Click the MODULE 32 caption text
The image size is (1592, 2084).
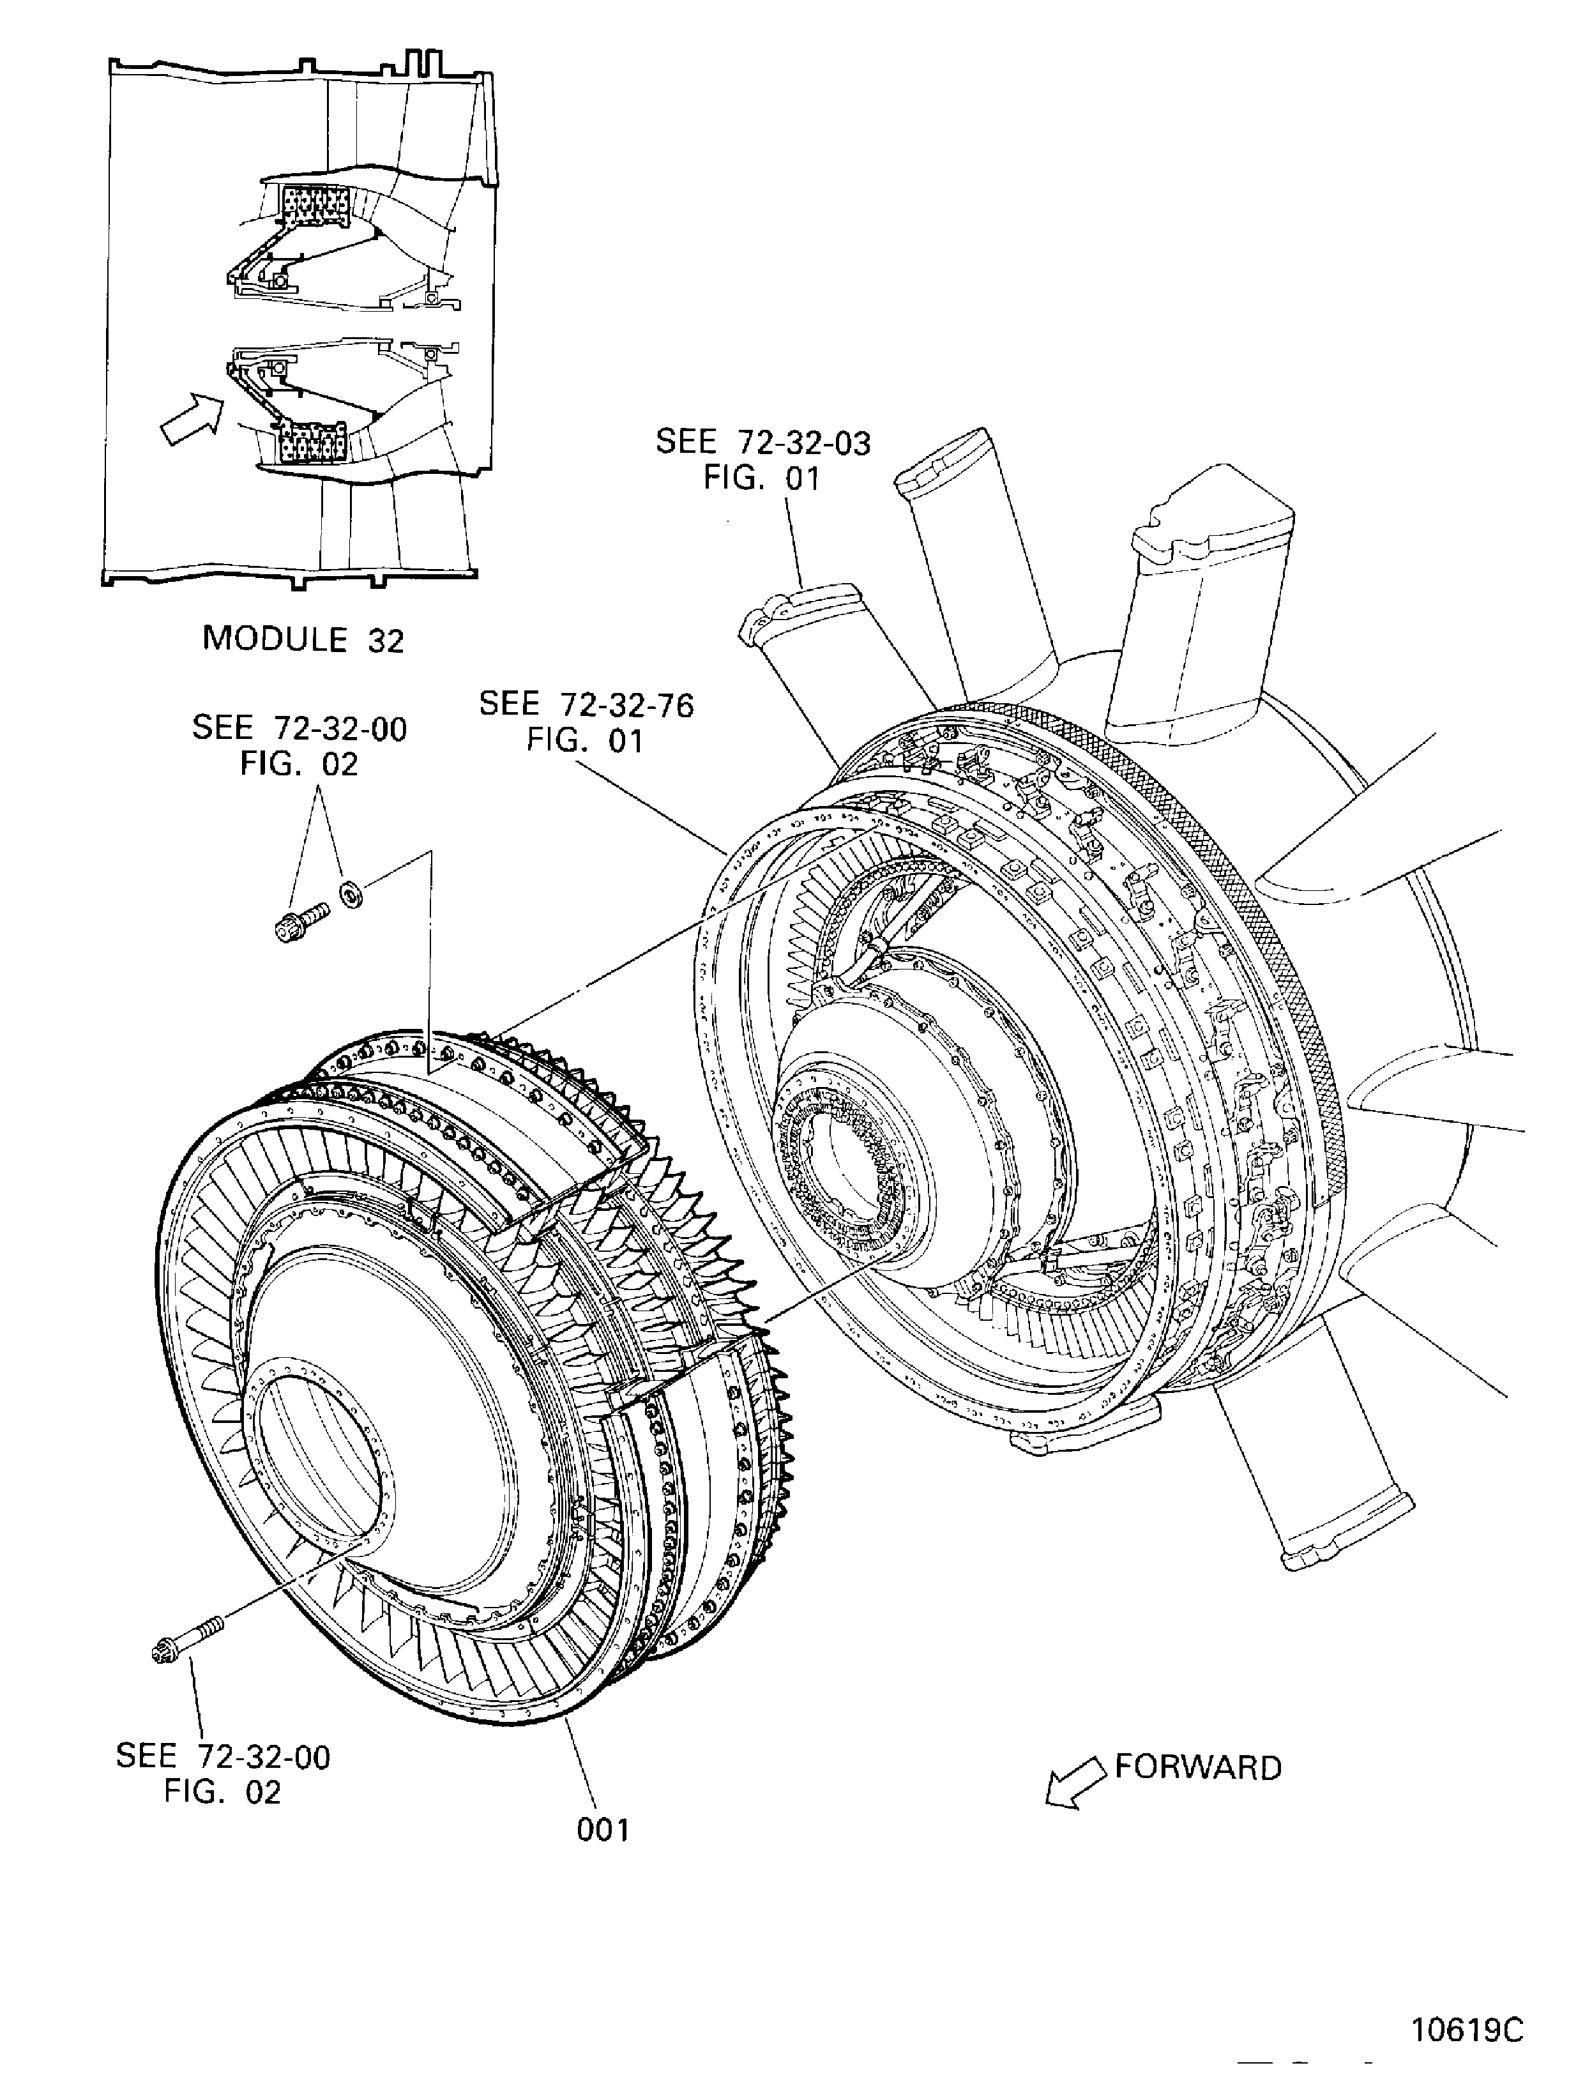click(x=303, y=640)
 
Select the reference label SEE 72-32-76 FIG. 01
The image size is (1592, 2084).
click(x=586, y=722)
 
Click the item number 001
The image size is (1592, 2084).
click(x=603, y=1829)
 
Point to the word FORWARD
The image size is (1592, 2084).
click(x=1198, y=1767)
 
